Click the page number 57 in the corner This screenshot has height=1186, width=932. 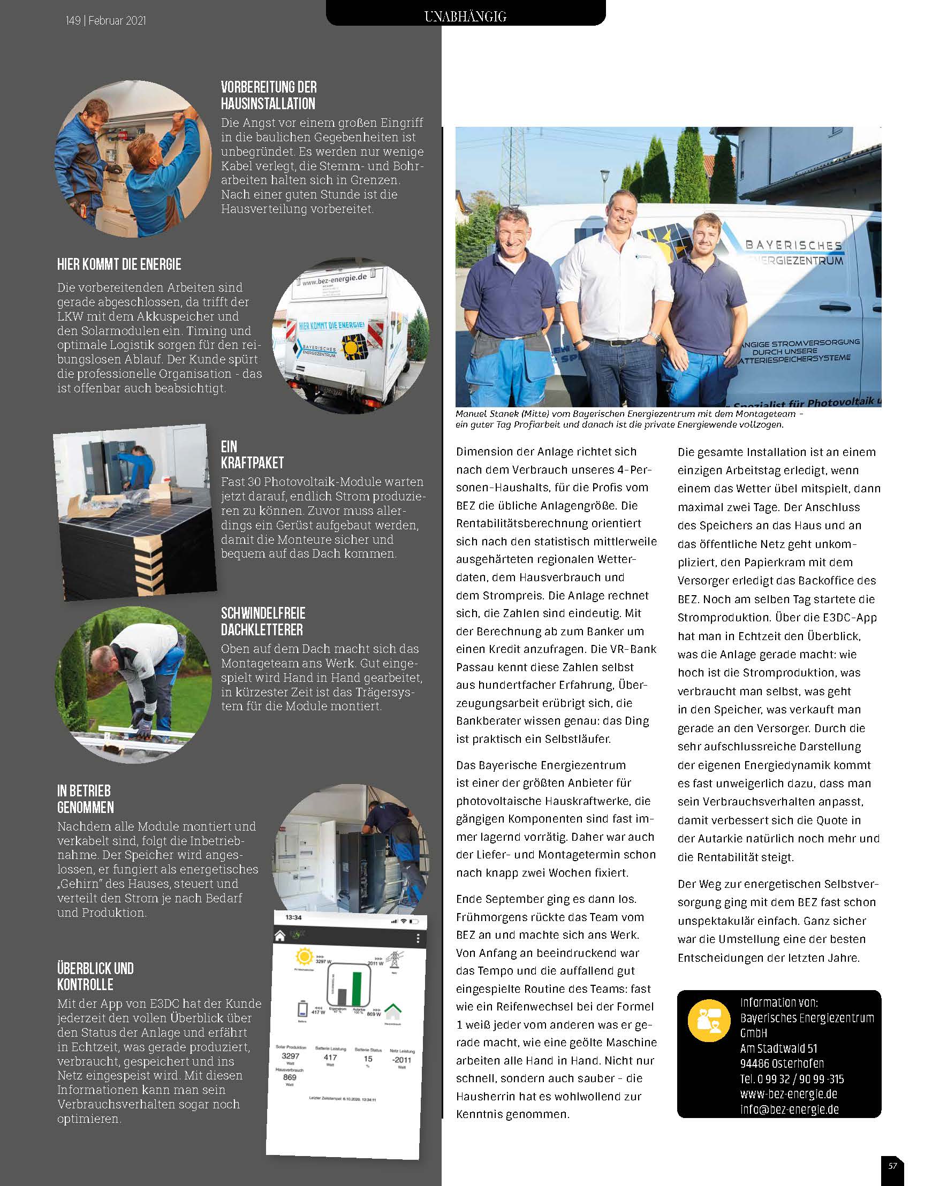892,1166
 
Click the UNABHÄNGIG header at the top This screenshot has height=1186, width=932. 465,17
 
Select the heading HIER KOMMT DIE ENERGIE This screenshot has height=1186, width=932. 119,264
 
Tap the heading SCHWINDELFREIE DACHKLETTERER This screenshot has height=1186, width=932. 263,621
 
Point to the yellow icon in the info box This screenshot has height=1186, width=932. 709,1021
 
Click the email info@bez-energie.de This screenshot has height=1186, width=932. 789,1109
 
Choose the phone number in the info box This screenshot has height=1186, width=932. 792,1078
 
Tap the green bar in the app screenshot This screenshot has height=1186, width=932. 357,988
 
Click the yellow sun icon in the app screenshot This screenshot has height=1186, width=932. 304,957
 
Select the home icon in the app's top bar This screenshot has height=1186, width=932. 280,936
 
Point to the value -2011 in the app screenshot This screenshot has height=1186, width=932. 401,1060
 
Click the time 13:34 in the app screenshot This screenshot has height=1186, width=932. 293,917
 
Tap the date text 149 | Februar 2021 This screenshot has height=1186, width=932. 106,21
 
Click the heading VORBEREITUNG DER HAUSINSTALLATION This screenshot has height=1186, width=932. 269,95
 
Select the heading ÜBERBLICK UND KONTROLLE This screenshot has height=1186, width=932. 95,976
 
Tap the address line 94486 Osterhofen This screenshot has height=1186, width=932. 782,1063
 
